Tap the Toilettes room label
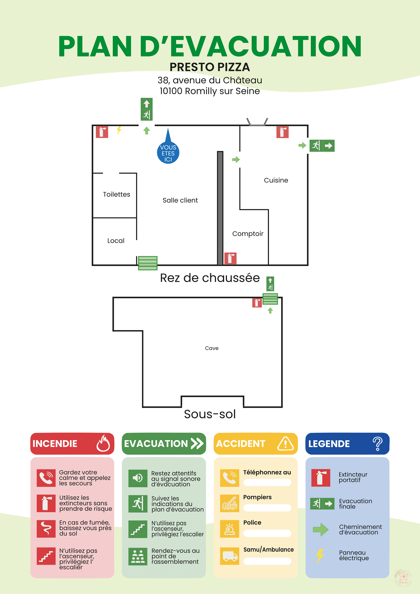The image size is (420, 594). click(116, 194)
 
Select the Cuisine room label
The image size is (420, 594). click(276, 180)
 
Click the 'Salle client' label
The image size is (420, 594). click(180, 200)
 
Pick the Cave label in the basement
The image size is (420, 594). click(212, 348)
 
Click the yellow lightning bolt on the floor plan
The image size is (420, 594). click(119, 130)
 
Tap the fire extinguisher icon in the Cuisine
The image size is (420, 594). click(282, 132)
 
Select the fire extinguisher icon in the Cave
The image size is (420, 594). click(257, 303)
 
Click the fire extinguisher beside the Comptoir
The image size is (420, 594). click(230, 258)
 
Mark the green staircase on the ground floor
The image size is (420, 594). click(148, 263)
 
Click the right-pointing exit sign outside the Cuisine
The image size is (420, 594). click(322, 146)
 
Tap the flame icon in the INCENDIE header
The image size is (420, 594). click(103, 443)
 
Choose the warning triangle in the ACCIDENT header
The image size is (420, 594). click(285, 443)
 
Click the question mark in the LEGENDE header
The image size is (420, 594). click(377, 443)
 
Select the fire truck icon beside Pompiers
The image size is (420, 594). click(229, 503)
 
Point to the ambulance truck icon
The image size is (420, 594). click(229, 556)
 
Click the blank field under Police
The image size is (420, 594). click(267, 533)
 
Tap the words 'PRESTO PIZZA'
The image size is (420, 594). click(210, 67)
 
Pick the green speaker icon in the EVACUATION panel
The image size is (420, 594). click(138, 478)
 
